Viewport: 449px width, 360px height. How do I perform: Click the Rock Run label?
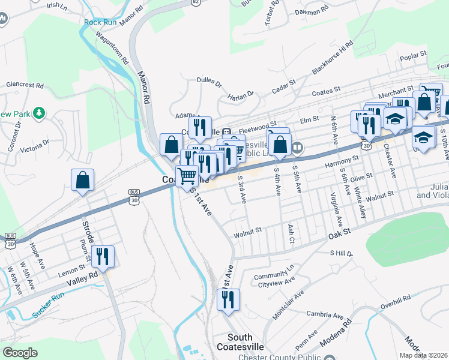100,22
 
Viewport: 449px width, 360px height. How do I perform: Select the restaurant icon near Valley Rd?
103,257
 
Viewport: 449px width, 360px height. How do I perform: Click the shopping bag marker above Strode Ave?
83,180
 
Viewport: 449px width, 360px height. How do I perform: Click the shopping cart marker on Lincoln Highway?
187,176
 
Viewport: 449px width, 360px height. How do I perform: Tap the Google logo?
20,353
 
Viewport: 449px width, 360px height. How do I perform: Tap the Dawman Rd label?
312,10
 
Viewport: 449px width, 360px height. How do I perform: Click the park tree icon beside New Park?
39,112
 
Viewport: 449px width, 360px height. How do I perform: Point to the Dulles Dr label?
209,83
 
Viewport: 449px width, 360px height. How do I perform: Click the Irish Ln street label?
56,5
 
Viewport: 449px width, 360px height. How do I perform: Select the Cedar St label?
284,85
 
